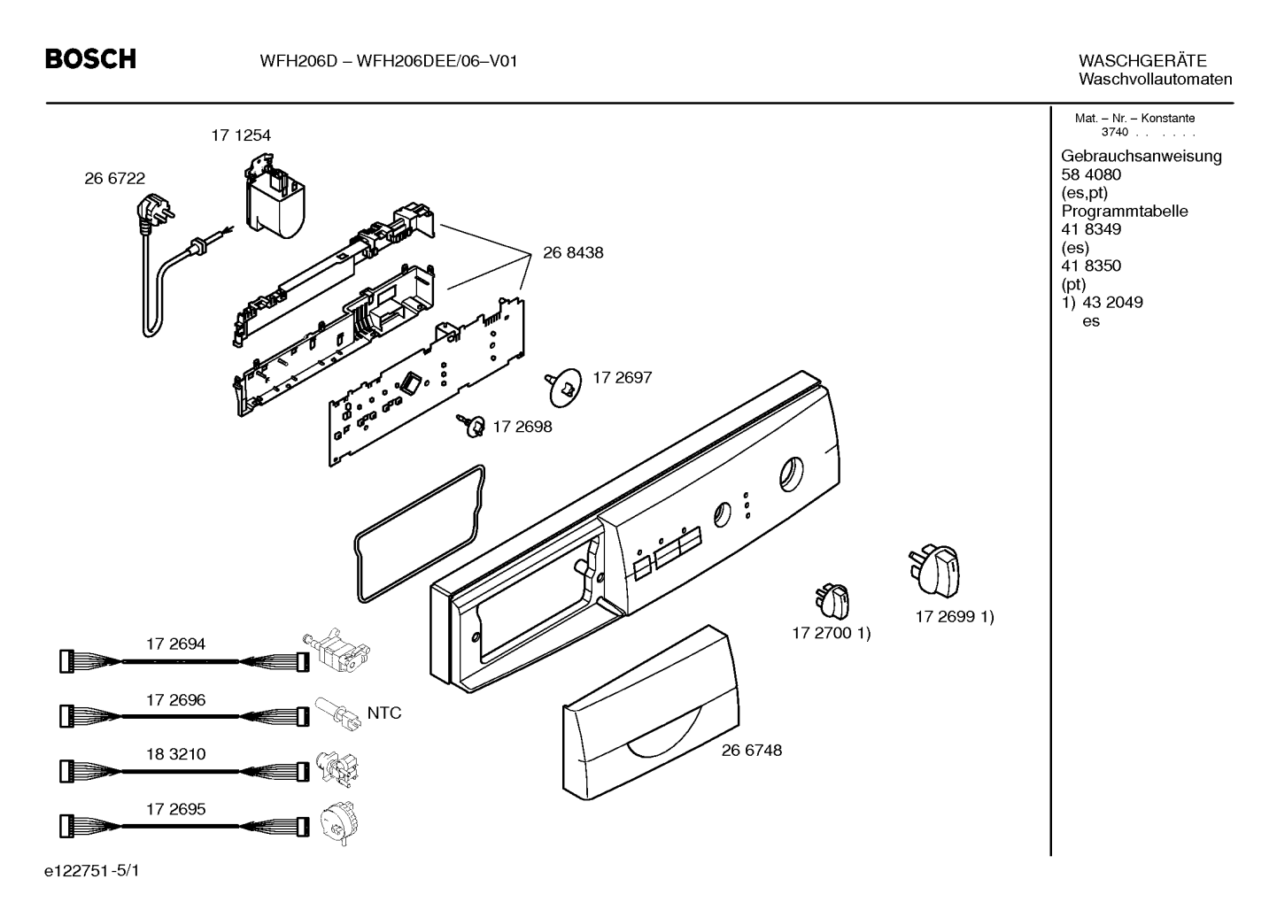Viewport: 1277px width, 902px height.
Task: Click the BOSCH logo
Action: pos(91,59)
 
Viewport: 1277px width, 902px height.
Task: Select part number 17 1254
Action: pos(240,135)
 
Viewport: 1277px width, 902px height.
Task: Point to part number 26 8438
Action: pos(572,252)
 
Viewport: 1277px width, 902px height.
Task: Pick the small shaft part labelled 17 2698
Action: pos(471,427)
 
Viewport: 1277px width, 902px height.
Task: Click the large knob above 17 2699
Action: pos(934,571)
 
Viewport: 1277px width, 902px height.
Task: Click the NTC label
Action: pos(383,713)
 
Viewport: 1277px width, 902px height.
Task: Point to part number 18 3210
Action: pos(175,754)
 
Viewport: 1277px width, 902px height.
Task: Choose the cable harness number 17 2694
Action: pos(175,644)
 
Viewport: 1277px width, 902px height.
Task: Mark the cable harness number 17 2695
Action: pos(175,809)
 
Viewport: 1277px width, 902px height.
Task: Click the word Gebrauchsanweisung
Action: pos(1141,156)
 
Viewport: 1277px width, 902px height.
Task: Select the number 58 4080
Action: pos(1090,174)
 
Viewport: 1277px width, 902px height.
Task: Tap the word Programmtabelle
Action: pos(1124,211)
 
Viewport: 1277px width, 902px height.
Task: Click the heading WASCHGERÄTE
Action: pos(1142,61)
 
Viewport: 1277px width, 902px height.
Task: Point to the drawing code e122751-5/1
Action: pos(91,871)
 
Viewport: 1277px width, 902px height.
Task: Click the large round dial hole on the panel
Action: pos(791,474)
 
